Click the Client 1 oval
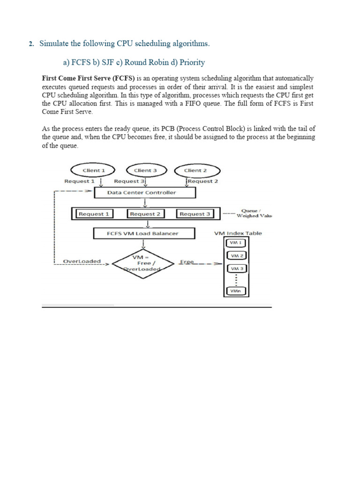point(93,171)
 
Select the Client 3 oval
point(145,171)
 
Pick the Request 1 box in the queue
point(94,214)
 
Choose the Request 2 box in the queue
point(145,214)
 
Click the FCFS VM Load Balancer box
point(142,233)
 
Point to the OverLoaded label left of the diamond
point(82,261)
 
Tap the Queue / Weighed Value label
point(253,213)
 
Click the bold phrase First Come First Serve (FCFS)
point(88,78)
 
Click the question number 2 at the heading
point(31,44)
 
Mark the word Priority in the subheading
point(193,62)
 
